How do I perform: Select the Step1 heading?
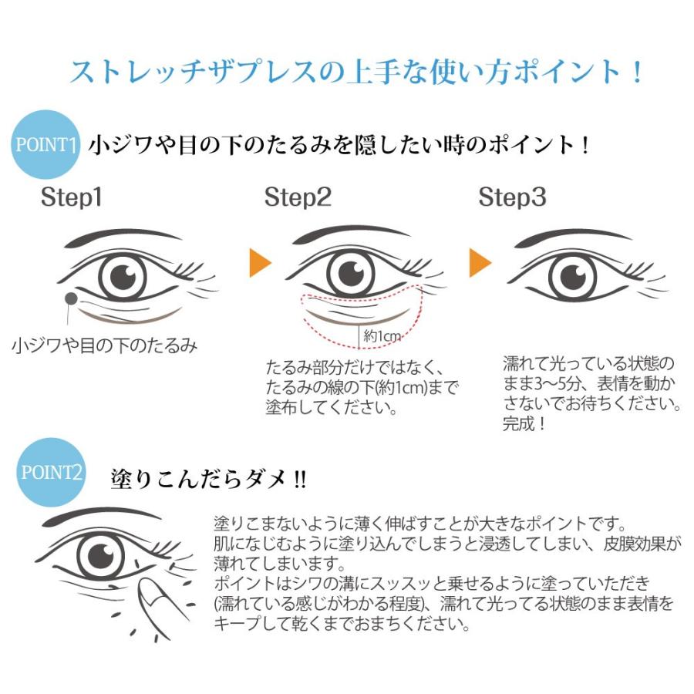click(71, 197)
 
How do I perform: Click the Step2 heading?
click(298, 197)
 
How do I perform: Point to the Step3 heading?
click(512, 197)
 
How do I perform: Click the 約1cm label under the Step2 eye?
click(381, 335)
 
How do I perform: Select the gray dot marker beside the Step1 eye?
click(71, 298)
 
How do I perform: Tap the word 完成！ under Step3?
click(524, 423)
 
